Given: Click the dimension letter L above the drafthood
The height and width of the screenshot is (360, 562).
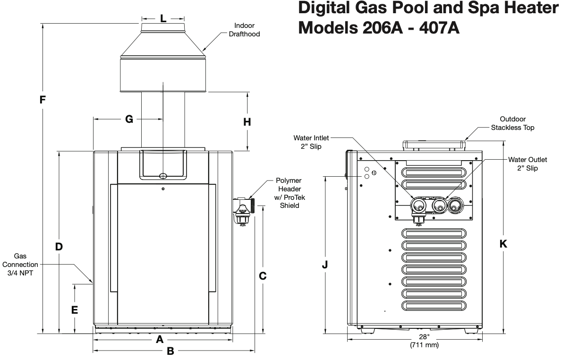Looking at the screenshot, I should (x=162, y=19).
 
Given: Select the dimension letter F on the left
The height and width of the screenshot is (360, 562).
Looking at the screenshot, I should (x=43, y=100).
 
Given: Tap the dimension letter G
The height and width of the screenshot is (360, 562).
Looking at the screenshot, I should (x=129, y=119).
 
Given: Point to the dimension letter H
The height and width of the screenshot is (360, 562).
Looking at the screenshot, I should (x=247, y=121).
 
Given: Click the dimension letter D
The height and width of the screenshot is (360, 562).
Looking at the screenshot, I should (x=59, y=246).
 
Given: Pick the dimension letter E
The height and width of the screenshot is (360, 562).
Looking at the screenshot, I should (x=75, y=310).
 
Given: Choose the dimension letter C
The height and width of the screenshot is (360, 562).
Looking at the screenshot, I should (x=263, y=275).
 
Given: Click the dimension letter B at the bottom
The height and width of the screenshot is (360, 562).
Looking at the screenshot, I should (x=171, y=351).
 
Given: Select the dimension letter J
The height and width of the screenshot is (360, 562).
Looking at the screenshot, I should (x=325, y=265).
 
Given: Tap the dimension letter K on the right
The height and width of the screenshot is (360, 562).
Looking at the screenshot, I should (x=503, y=244).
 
